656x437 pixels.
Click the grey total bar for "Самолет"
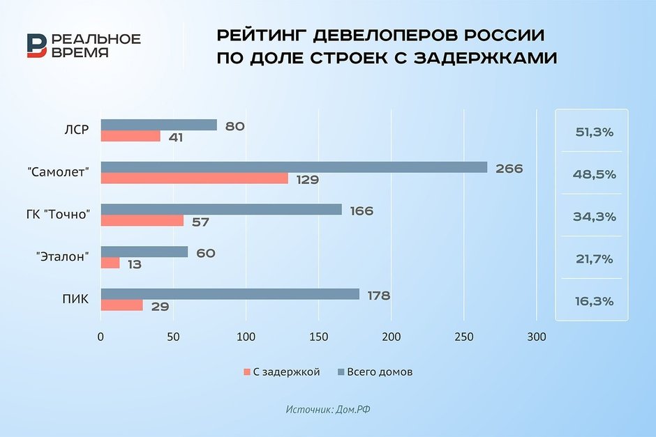point(293,167)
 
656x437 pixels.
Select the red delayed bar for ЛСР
point(131,137)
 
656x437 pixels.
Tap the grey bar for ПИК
point(230,294)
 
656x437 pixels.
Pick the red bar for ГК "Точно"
point(142,221)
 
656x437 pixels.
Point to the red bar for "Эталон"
point(110,263)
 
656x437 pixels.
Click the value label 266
point(508,168)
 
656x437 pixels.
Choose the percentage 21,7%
point(592,259)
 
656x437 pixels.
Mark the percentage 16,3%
point(592,301)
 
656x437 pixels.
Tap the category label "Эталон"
point(64,257)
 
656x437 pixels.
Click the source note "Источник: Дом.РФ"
point(327,410)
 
